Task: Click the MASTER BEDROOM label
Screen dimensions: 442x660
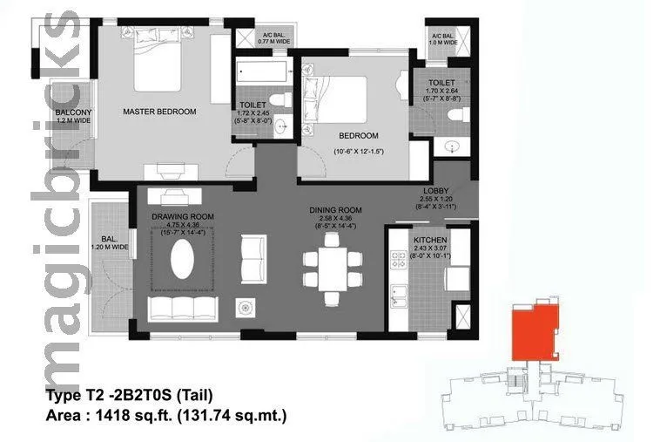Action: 159,112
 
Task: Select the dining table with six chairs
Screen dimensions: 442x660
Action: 332,269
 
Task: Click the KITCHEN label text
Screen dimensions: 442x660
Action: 429,239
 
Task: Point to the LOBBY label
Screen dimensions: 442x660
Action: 435,191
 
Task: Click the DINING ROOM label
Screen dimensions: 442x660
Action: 335,210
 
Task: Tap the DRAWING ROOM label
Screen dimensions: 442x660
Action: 183,216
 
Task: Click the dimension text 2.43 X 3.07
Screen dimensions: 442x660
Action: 429,248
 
